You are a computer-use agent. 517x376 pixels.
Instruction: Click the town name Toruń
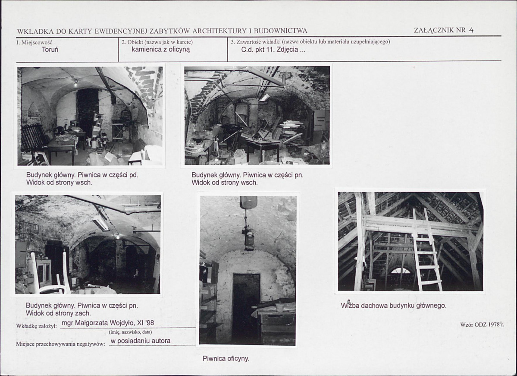click(x=50, y=50)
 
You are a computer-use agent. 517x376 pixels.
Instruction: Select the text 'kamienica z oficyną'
click(x=160, y=50)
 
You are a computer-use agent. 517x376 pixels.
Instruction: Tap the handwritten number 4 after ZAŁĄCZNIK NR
click(x=471, y=30)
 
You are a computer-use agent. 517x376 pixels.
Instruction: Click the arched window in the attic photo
click(x=401, y=271)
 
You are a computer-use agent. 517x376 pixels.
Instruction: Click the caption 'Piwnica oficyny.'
click(x=226, y=358)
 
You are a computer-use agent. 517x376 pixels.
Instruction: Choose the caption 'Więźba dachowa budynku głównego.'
click(x=394, y=305)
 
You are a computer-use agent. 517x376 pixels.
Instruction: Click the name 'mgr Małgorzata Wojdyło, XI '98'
click(x=108, y=323)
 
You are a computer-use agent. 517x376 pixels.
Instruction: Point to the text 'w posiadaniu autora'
click(x=141, y=341)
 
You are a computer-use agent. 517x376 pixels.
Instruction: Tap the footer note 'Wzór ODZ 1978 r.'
click(x=482, y=325)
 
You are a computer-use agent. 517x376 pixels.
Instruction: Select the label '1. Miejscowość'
click(x=34, y=42)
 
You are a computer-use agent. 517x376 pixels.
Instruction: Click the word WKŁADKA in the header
click(x=35, y=31)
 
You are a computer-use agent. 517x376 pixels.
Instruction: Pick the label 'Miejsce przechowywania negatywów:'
click(x=61, y=344)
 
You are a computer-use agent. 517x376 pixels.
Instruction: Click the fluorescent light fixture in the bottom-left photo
click(x=101, y=224)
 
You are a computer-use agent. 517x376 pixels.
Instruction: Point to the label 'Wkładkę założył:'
click(x=37, y=326)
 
